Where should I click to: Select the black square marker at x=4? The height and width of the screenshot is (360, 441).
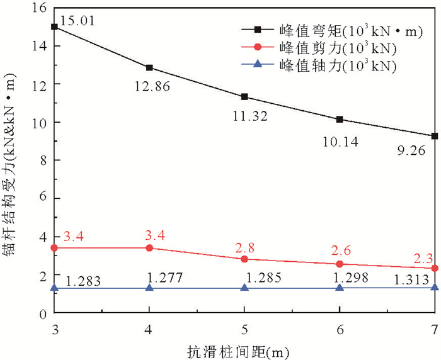click(x=149, y=67)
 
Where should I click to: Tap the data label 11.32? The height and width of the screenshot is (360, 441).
click(x=249, y=116)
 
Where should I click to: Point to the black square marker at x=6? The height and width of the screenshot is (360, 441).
click(x=340, y=119)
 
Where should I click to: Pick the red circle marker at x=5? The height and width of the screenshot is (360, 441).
click(x=244, y=259)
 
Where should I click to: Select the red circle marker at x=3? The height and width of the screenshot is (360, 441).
click(x=54, y=248)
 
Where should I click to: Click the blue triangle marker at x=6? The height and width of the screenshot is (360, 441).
click(x=340, y=288)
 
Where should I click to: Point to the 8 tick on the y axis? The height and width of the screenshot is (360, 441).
click(x=42, y=160)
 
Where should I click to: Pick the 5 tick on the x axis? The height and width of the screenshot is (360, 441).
click(x=244, y=311)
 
